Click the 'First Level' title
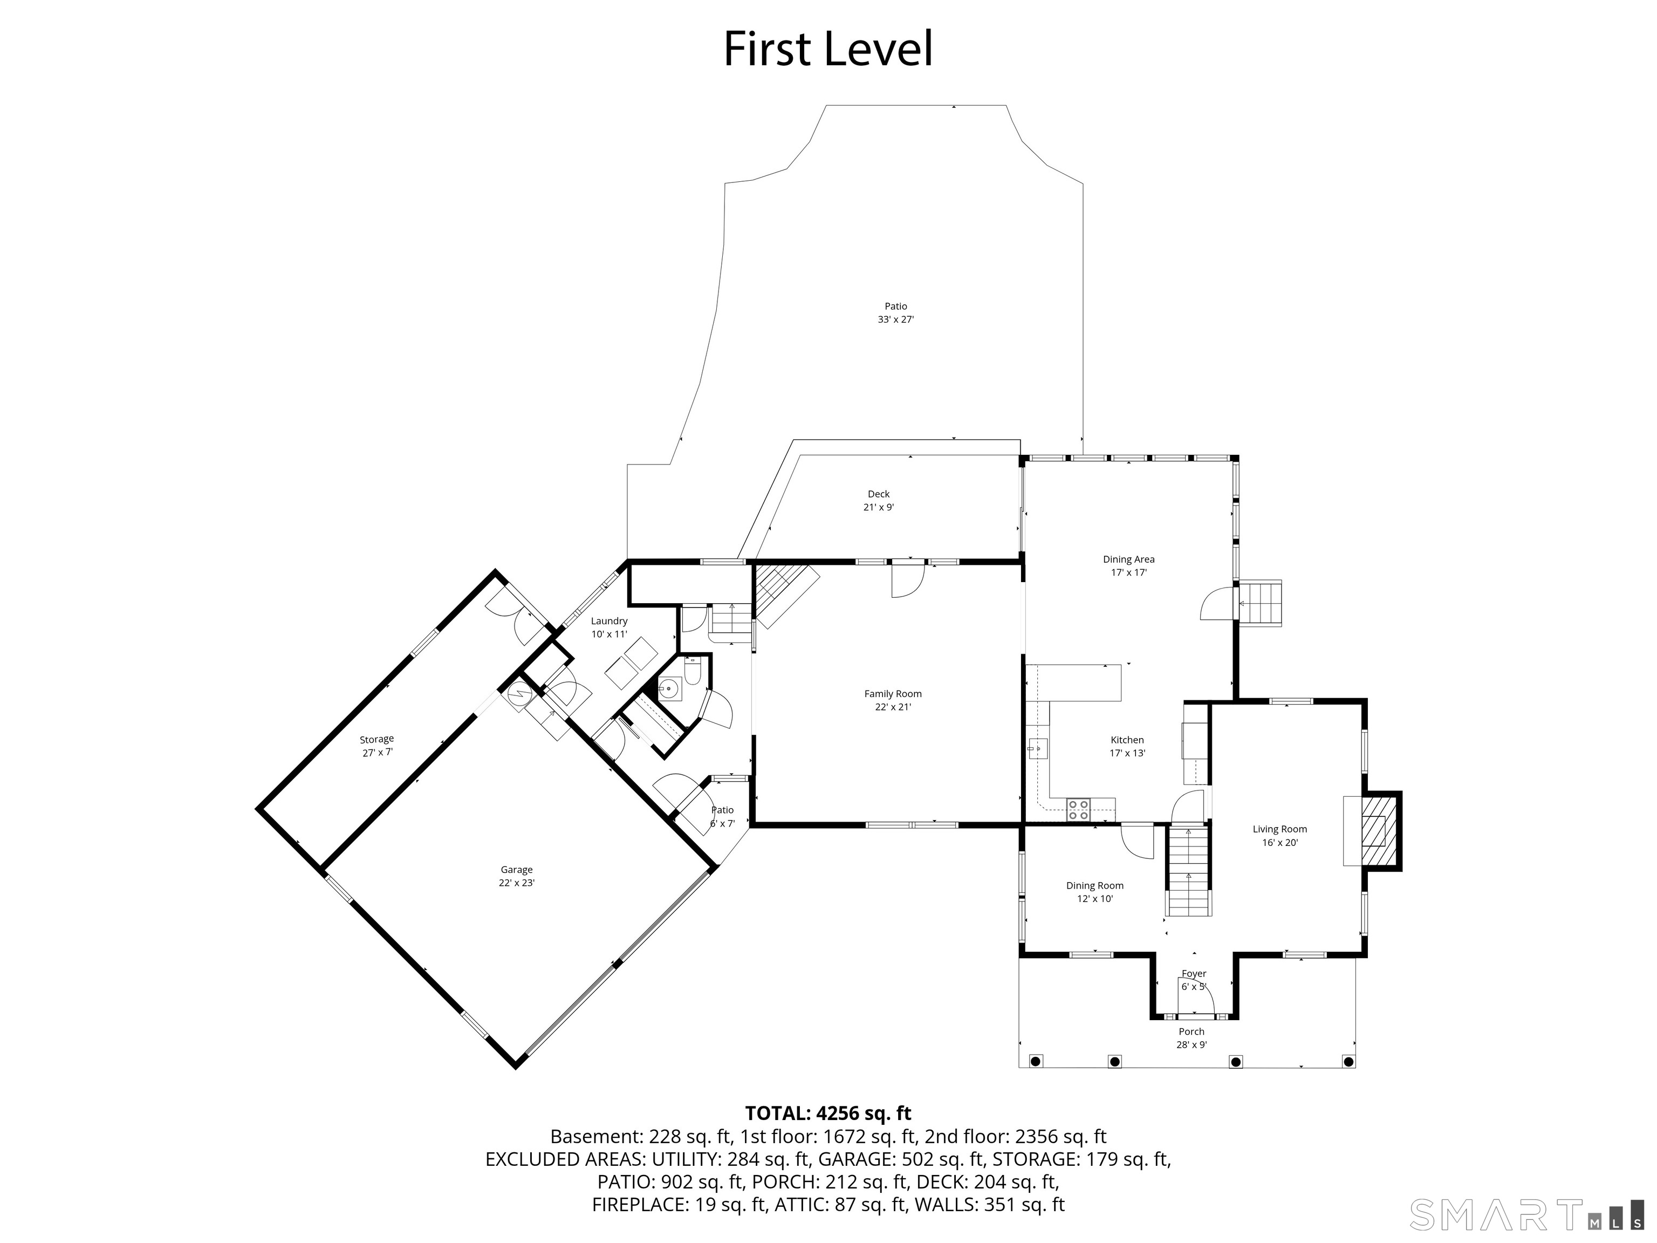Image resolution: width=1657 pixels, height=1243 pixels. click(828, 50)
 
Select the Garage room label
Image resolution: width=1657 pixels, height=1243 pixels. click(516, 876)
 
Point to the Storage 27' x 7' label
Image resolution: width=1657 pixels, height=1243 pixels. click(377, 746)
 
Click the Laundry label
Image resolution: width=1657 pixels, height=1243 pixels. click(609, 627)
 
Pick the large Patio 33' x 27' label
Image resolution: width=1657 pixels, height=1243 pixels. click(896, 312)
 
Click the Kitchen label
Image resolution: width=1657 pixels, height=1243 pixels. click(1127, 746)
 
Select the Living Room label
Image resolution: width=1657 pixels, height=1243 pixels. click(1279, 835)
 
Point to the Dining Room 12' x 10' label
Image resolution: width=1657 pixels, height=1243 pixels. click(1094, 892)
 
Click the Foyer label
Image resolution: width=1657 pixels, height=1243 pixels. click(1194, 979)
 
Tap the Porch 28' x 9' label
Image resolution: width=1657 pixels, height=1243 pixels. click(1191, 1037)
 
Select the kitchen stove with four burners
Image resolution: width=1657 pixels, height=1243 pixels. click(1079, 810)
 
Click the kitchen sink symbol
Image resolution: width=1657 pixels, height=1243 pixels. click(1037, 748)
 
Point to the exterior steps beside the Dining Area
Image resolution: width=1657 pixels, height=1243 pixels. click(1260, 603)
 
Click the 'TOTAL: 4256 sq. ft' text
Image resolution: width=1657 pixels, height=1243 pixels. click(828, 1112)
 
